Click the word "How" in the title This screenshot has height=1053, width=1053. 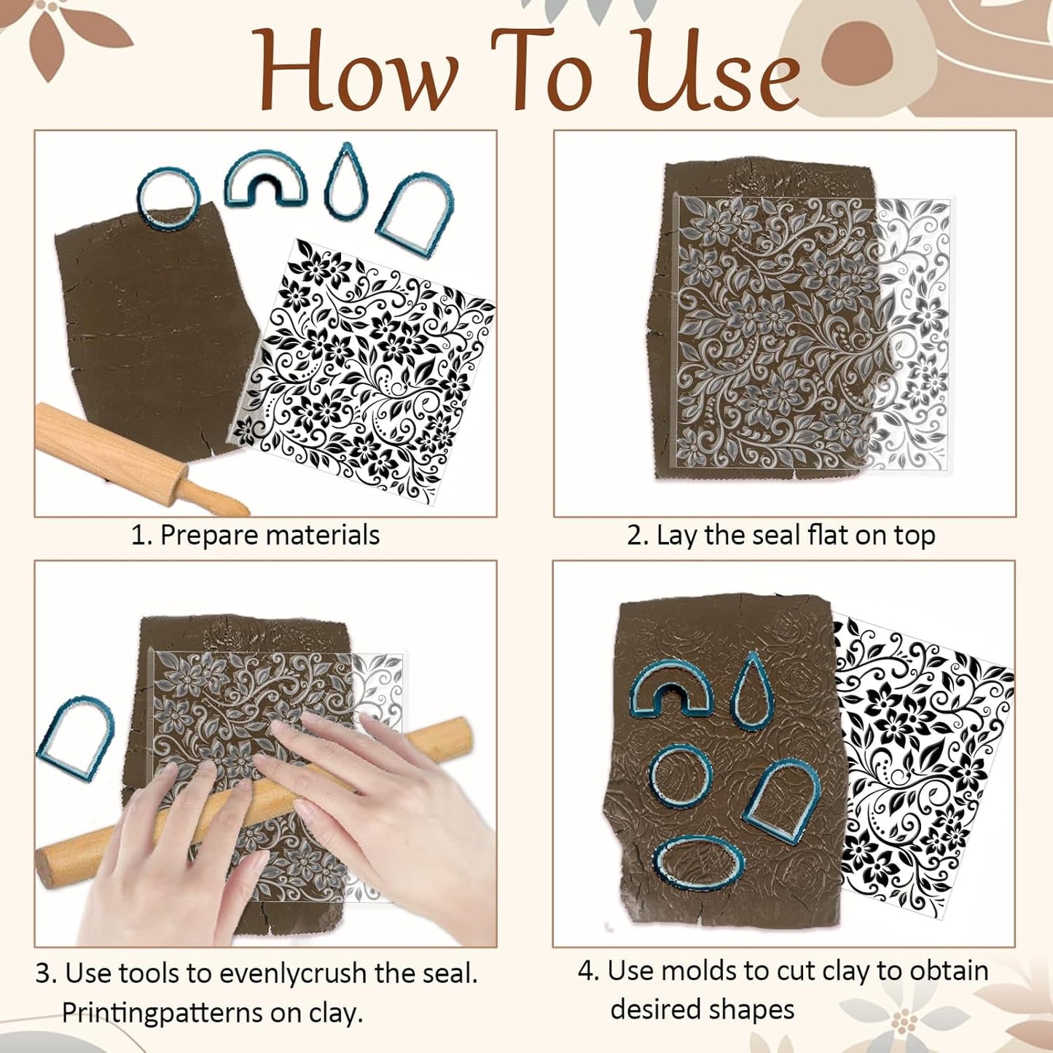click(x=358, y=71)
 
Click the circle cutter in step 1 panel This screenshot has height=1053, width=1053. click(x=168, y=197)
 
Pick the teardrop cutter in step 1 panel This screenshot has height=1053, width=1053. click(x=346, y=182)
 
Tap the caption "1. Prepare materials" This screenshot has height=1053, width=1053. click(x=255, y=535)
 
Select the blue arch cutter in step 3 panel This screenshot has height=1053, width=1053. click(x=76, y=738)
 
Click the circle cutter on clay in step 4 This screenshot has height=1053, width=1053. click(x=680, y=776)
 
